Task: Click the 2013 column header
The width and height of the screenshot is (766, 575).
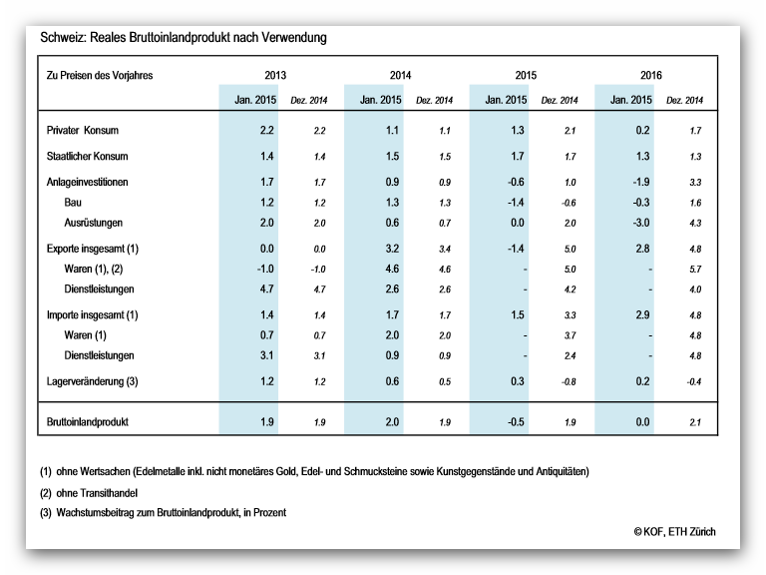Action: [x=275, y=75]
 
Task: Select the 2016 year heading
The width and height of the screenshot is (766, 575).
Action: [x=650, y=75]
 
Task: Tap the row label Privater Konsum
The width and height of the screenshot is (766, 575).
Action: [x=83, y=131]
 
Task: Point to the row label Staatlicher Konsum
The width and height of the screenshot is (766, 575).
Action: [x=87, y=157]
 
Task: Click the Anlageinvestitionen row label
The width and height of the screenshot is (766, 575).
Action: [x=87, y=183]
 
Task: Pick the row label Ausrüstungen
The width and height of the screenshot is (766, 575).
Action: [x=94, y=223]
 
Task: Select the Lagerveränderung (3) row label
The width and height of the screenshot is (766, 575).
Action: [x=93, y=382]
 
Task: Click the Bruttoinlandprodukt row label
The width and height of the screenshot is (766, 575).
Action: [x=88, y=422]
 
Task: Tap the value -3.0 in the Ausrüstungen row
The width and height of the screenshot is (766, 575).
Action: [x=640, y=223]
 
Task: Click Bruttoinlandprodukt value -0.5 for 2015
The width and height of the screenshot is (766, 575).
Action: [x=516, y=422]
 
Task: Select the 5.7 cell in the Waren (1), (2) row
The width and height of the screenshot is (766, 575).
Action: [x=695, y=270]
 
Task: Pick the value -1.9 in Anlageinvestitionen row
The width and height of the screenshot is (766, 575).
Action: [x=640, y=183]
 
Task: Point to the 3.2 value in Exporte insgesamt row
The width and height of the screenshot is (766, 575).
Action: [x=392, y=249]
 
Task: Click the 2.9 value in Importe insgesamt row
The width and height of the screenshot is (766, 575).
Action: [x=642, y=315]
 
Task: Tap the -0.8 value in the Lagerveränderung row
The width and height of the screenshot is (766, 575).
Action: [x=569, y=382]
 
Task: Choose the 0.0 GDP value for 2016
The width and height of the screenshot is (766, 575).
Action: [x=642, y=422]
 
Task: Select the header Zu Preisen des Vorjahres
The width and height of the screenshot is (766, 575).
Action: [x=100, y=75]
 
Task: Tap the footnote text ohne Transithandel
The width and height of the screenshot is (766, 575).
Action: [x=97, y=493]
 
